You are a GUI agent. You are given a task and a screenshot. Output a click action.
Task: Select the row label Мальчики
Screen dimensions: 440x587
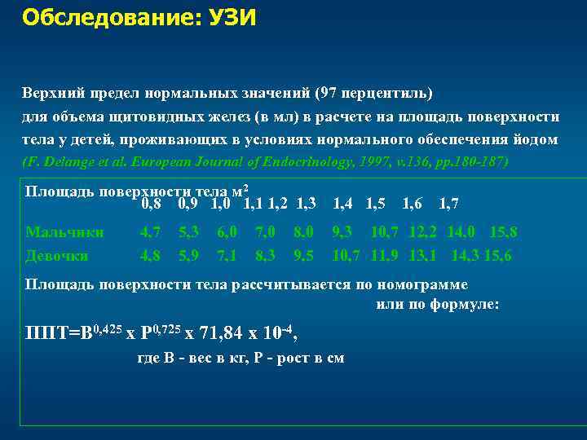64,232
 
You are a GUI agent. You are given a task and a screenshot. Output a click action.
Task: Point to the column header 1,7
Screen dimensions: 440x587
448,203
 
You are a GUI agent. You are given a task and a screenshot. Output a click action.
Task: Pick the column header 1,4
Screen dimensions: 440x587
343,203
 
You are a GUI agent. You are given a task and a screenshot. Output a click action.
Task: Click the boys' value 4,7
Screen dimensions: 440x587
150,232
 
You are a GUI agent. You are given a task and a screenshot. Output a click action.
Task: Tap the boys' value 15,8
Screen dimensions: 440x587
501,232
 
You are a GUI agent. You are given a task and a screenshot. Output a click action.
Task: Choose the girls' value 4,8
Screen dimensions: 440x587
150,255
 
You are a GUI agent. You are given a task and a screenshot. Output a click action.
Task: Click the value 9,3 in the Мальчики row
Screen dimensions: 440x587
342,232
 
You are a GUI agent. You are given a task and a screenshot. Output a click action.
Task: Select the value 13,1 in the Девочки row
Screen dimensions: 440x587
422,255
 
